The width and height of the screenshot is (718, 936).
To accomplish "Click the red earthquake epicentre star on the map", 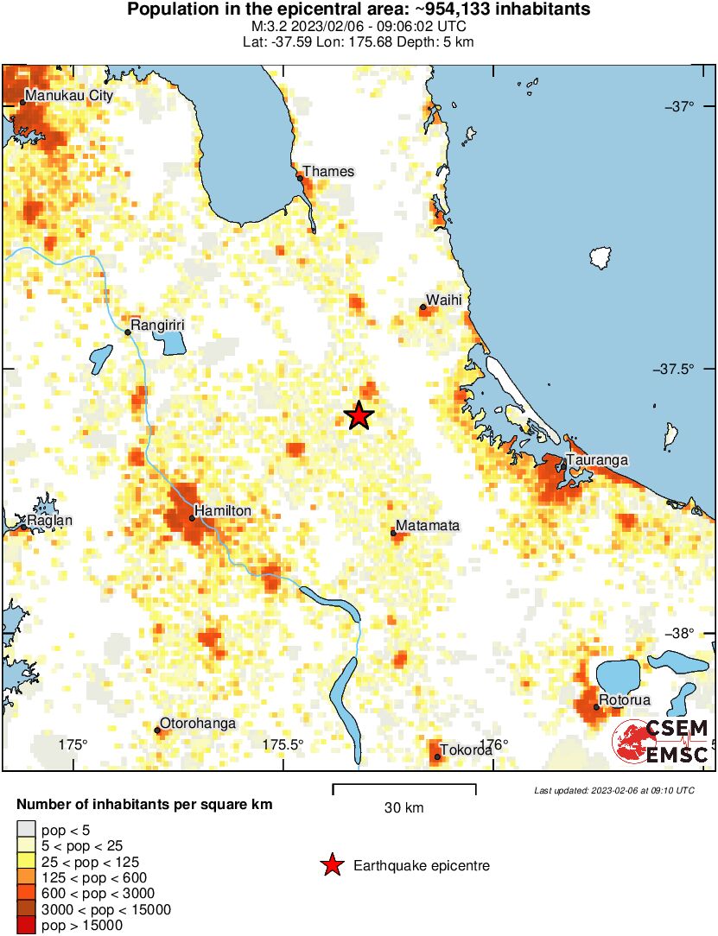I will click(359, 416).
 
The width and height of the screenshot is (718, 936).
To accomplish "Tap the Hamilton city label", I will click(223, 511).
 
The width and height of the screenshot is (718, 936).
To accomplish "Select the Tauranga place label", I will click(597, 460).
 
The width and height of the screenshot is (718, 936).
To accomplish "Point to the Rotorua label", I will click(626, 700).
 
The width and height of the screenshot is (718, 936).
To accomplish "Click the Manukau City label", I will click(69, 96).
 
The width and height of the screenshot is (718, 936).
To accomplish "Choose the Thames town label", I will click(328, 171).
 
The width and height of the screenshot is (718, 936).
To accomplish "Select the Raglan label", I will click(50, 521).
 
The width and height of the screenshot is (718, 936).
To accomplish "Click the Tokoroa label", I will click(467, 750).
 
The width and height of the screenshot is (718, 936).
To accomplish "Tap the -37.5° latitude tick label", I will click(682, 370).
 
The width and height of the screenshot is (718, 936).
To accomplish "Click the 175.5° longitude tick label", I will click(283, 745).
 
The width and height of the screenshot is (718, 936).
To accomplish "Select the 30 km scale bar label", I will click(403, 808).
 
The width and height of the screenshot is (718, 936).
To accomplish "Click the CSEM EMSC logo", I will click(661, 741).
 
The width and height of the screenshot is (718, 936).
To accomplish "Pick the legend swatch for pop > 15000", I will click(27, 926).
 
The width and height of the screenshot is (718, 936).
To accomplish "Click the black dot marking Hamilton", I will click(192, 518).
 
